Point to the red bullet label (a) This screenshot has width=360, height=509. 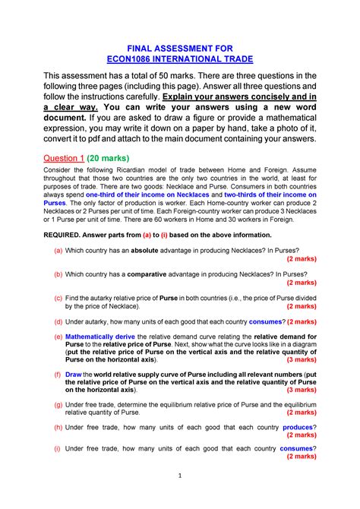point(58,250)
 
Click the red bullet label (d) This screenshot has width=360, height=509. point(58,321)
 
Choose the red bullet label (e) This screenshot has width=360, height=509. point(58,335)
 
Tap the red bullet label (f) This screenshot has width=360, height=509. point(58,375)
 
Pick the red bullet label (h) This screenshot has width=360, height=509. point(58,427)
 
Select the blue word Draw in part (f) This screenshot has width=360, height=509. point(74,375)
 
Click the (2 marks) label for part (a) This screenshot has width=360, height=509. point(296,259)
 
